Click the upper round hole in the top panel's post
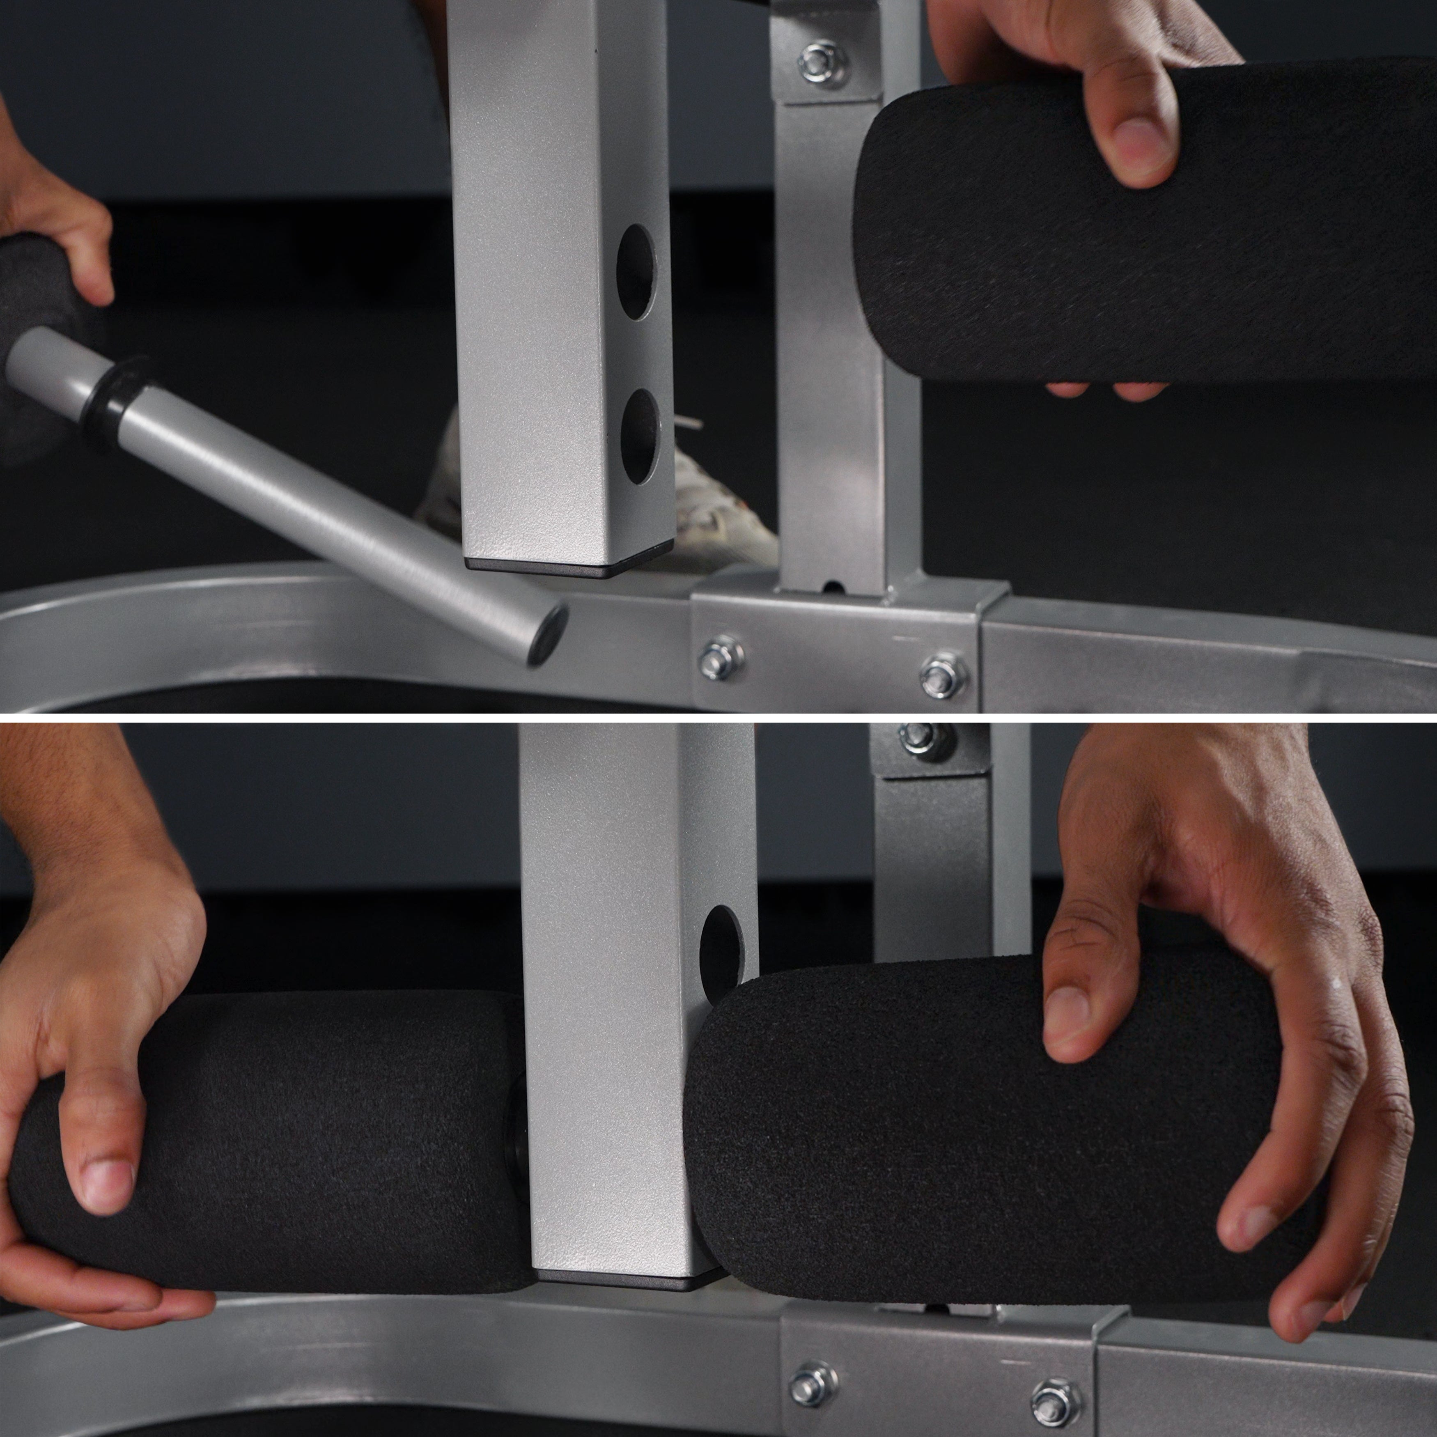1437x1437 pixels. point(637,272)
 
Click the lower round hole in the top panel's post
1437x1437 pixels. point(640,437)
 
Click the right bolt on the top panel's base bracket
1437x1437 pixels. point(943,675)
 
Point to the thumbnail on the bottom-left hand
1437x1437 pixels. point(106,1182)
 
